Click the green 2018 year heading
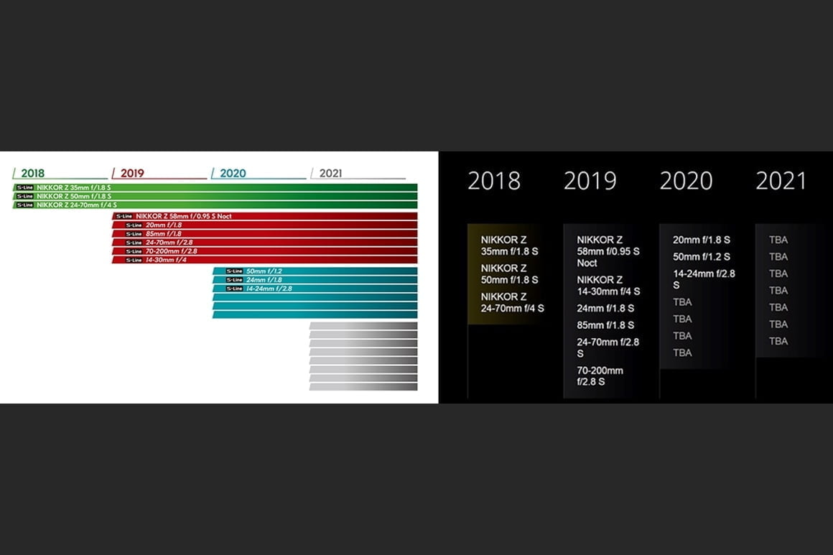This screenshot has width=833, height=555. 32,173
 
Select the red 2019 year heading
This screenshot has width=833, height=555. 132,173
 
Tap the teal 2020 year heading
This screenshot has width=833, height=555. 233,173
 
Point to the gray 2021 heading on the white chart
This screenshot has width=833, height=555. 330,173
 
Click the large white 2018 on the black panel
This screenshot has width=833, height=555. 494,181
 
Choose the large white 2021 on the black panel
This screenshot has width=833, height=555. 781,181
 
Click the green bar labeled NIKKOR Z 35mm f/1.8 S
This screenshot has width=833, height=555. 215,187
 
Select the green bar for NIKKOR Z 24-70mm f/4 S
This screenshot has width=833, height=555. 215,205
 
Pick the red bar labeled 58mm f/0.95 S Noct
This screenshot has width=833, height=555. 264,216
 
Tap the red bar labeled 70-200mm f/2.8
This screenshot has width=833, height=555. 264,251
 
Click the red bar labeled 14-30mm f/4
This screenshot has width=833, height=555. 264,260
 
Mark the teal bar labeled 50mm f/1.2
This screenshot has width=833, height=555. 315,271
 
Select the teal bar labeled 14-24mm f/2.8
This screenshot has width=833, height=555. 315,289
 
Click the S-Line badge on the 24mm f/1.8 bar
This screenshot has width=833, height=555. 234,280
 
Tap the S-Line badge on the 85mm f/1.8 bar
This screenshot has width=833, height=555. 134,233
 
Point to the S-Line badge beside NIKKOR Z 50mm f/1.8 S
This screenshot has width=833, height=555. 25,196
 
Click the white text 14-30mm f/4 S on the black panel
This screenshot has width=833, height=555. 608,291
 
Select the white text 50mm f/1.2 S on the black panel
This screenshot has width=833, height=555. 702,256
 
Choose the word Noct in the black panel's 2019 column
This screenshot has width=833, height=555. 587,263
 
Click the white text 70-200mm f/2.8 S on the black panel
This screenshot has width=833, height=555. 600,376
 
